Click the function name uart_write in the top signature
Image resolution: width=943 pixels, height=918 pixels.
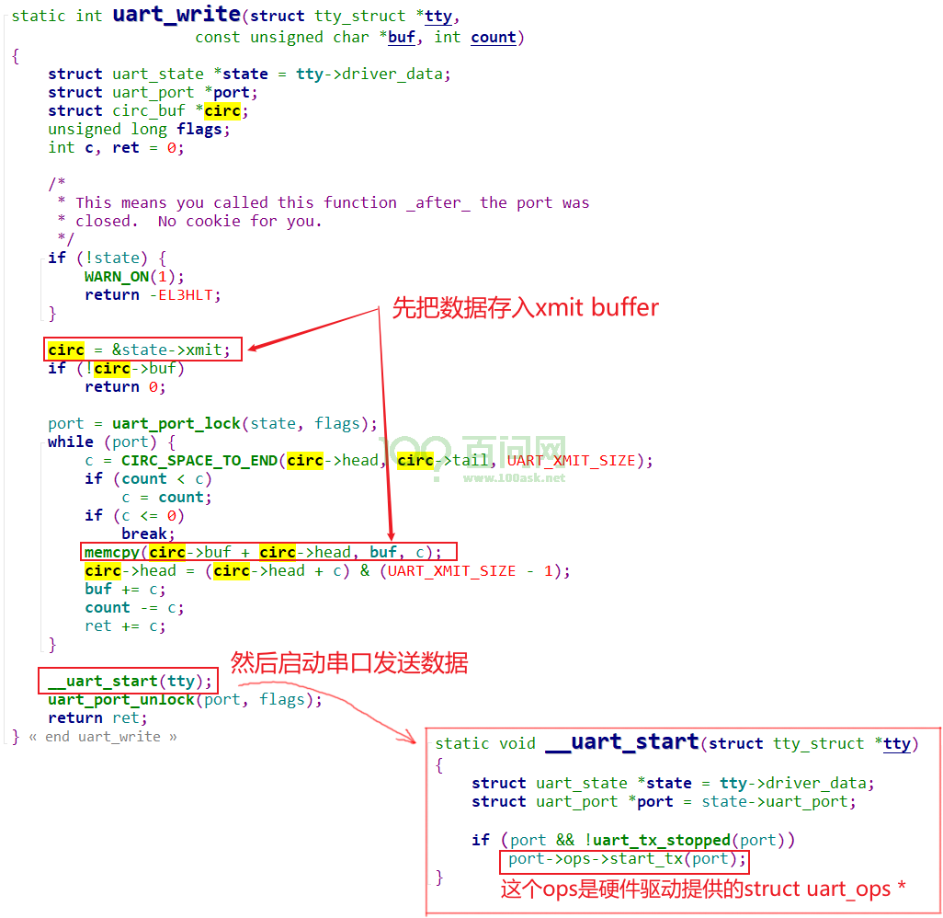(176, 14)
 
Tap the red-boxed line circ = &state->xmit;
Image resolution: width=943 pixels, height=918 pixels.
(142, 350)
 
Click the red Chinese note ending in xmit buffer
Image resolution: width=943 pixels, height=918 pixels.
(526, 307)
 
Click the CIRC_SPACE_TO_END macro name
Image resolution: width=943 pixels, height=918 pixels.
(199, 461)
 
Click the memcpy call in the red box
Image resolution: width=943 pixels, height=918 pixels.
(268, 551)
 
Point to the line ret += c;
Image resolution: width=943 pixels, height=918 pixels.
(125, 626)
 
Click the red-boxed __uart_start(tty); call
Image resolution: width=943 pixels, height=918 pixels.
(128, 681)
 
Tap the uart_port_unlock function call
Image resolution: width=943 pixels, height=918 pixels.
(121, 699)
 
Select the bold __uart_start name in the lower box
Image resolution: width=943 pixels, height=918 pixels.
(622, 741)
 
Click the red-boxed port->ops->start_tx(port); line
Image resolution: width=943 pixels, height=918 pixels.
(624, 861)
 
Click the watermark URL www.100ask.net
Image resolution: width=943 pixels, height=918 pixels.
(514, 478)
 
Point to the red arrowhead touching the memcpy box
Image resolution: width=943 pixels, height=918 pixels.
(391, 535)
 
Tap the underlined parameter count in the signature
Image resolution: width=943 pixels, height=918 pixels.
(494, 38)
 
